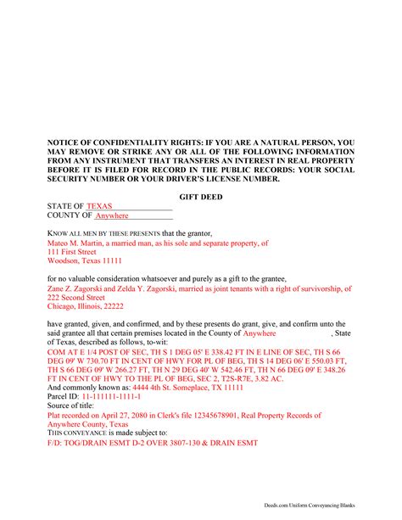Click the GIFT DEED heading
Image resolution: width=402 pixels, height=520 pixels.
tap(201, 196)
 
